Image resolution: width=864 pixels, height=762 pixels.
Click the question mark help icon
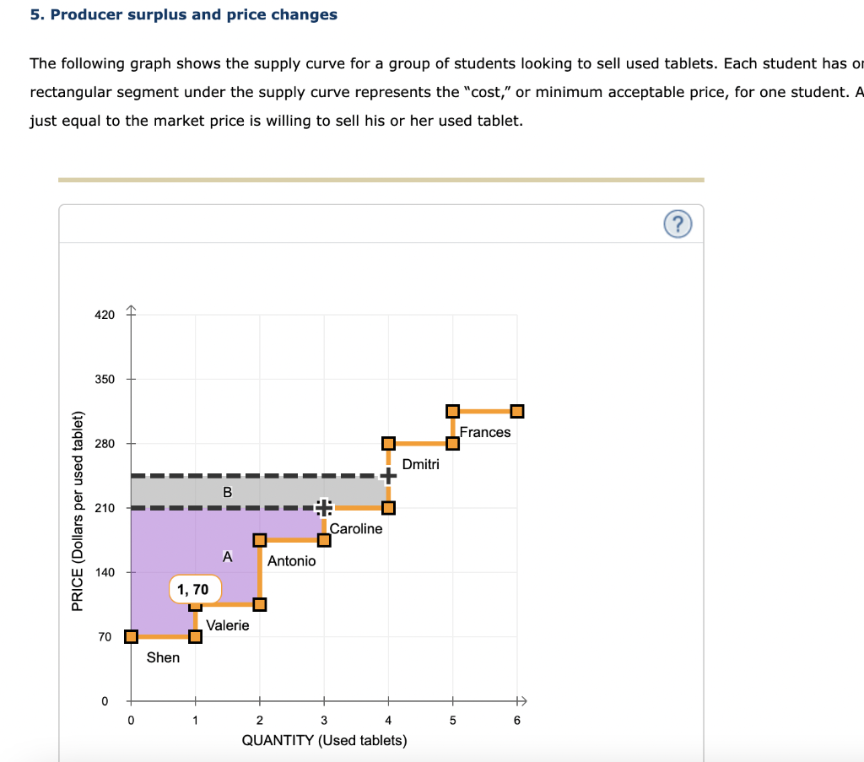click(x=678, y=224)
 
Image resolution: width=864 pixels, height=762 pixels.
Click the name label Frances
click(x=485, y=432)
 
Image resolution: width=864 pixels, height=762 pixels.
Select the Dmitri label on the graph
click(x=420, y=464)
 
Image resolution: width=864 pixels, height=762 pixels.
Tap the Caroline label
click(x=355, y=528)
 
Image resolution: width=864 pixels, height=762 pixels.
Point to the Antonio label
click(x=291, y=560)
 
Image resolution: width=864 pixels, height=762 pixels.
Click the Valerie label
click(x=228, y=625)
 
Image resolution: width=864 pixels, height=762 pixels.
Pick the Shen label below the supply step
click(x=163, y=657)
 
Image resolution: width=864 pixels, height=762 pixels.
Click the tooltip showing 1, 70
click(x=195, y=588)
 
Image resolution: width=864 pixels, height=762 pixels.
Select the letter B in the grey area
click(x=226, y=492)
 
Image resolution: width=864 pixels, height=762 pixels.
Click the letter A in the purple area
click(x=226, y=557)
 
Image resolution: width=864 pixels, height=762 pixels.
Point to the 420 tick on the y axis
click(x=103, y=315)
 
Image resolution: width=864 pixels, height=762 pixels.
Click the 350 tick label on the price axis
click(x=103, y=379)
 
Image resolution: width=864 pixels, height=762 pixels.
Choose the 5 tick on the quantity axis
click(x=452, y=721)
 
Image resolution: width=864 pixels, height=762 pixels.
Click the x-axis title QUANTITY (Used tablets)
click(x=324, y=741)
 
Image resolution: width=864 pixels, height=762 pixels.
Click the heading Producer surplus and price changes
click(x=183, y=14)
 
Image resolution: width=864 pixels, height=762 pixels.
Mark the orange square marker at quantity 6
click(x=517, y=411)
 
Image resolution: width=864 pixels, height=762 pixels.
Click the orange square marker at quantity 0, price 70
click(x=131, y=636)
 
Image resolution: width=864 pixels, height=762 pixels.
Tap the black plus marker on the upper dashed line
click(x=388, y=476)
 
